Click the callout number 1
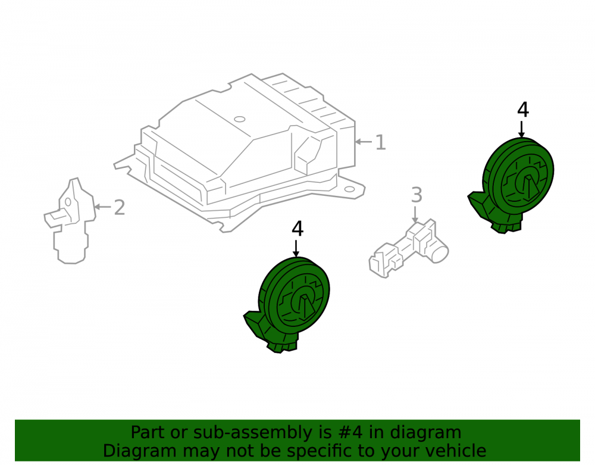[x=381, y=142]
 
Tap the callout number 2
[x=120, y=208]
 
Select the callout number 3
[x=416, y=195]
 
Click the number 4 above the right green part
[x=523, y=110]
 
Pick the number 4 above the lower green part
[x=297, y=229]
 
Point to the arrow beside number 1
[x=364, y=142]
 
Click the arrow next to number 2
[x=102, y=207]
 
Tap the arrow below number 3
[x=415, y=214]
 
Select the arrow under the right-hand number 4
[x=522, y=129]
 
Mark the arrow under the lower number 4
[x=296, y=248]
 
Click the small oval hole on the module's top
[x=239, y=119]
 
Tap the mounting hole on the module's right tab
[x=349, y=189]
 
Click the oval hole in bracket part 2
[x=68, y=202]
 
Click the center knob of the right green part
[x=527, y=188]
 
